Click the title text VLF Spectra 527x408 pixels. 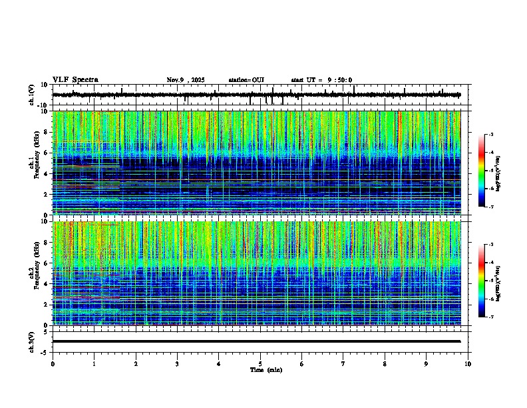tap(75, 80)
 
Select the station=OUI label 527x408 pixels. tap(246, 80)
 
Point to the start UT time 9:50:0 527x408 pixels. tap(321, 80)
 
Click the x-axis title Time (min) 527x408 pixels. tap(265, 369)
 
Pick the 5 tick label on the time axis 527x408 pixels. tap(260, 363)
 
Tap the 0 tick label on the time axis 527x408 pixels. tap(53, 363)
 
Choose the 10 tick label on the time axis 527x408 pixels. tap(468, 363)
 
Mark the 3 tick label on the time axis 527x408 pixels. tap(177, 363)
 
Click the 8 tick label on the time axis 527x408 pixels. tap(385, 363)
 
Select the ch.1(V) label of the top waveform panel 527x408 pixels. tap(31, 95)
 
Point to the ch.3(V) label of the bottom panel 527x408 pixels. tap(31, 341)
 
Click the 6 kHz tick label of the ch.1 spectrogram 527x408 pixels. tap(45, 153)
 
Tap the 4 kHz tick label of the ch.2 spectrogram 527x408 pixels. tap(45, 284)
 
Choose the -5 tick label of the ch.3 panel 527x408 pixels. tap(44, 351)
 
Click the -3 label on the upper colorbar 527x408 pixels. tap(491, 135)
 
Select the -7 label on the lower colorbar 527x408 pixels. tap(491, 317)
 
